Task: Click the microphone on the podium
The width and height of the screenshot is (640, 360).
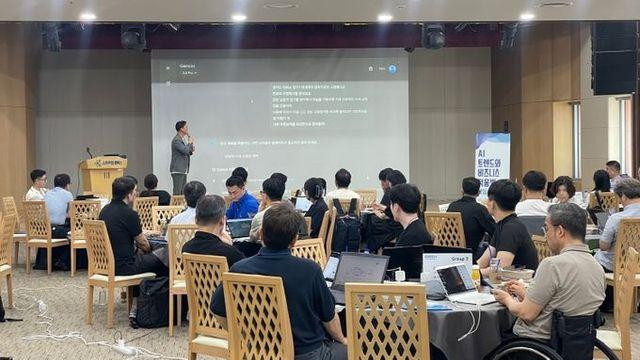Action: click(88, 153)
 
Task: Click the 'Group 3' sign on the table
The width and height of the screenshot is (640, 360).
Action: click(446, 259)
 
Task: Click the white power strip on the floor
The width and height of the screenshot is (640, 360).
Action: click(124, 348)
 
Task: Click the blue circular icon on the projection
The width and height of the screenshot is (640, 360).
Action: click(392, 69)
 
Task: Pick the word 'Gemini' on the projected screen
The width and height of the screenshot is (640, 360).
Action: click(187, 67)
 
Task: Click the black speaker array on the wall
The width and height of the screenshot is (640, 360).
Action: click(614, 58)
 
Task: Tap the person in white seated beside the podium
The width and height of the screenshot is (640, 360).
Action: click(37, 187)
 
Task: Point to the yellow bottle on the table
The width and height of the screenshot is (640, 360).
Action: click(476, 274)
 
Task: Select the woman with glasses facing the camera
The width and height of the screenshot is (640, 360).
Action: click(564, 189)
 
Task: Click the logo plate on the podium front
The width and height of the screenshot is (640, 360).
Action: click(105, 163)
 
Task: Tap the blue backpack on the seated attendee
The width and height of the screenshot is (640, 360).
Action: click(347, 226)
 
